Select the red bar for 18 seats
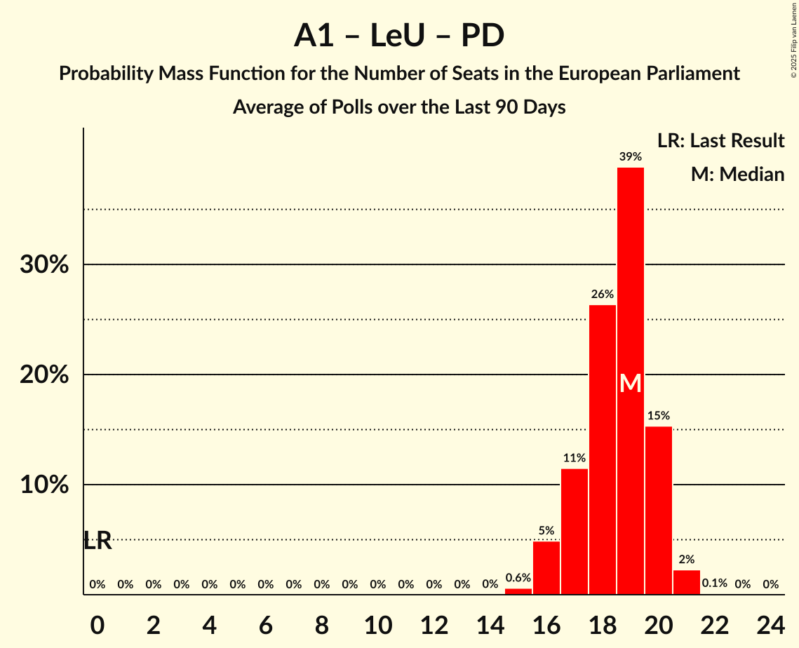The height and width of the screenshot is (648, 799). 603,449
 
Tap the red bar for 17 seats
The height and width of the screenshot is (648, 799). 575,532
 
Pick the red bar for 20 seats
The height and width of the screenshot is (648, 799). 659,511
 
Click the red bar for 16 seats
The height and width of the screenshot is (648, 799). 546,568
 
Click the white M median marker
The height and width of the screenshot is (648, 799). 631,383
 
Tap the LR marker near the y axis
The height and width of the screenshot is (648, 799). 98,541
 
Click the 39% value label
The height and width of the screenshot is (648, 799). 631,156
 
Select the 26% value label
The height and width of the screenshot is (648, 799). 603,294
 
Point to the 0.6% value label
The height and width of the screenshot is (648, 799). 518,578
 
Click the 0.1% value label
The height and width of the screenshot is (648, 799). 715,583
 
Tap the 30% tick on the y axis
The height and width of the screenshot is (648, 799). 44,265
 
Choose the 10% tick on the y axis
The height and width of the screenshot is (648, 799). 44,485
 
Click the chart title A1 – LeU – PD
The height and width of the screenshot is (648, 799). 399,35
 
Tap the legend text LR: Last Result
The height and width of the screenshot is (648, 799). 720,141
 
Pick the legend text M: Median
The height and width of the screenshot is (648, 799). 737,174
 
